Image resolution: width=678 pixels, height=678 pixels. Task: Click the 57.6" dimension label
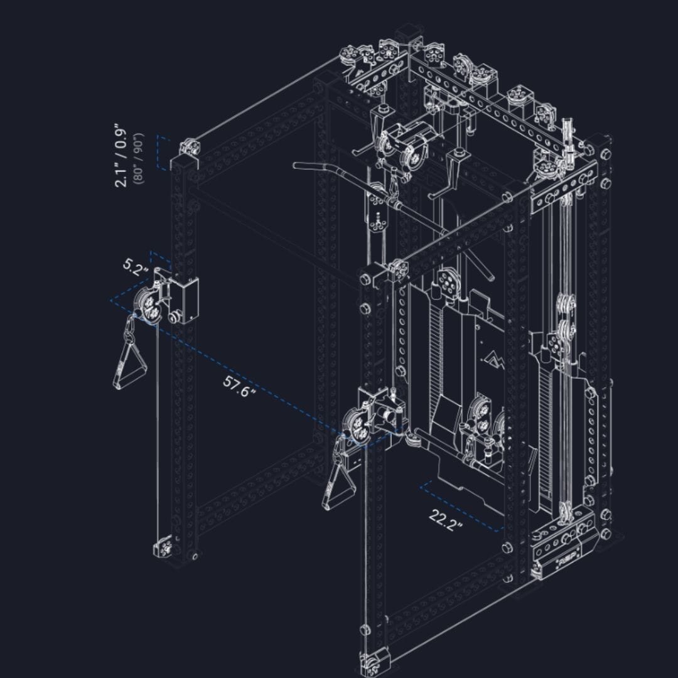tap(240, 386)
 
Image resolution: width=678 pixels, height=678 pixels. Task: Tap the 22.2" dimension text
tap(446, 520)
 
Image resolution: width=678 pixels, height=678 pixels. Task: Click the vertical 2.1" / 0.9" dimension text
tap(121, 158)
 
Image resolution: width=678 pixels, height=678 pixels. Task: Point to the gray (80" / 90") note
tap(139, 158)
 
